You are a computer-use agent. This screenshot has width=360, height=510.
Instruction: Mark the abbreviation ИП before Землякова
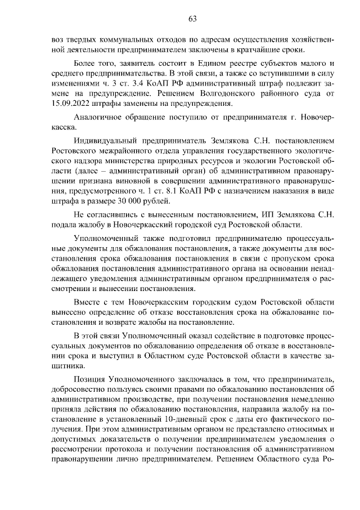pos(267,214)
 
